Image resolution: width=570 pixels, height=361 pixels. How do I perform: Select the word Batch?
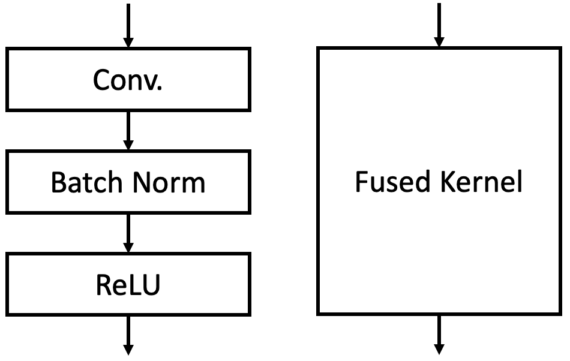point(84,182)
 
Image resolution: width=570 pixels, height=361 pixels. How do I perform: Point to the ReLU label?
point(127,285)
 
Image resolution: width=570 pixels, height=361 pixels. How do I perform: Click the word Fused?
point(386,182)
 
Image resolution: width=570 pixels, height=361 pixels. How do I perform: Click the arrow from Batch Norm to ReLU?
point(127,233)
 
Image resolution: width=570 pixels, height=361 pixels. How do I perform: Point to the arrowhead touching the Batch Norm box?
point(127,145)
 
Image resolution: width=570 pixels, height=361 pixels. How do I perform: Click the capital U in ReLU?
point(150,286)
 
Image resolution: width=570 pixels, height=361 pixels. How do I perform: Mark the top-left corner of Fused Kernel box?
point(318,48)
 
